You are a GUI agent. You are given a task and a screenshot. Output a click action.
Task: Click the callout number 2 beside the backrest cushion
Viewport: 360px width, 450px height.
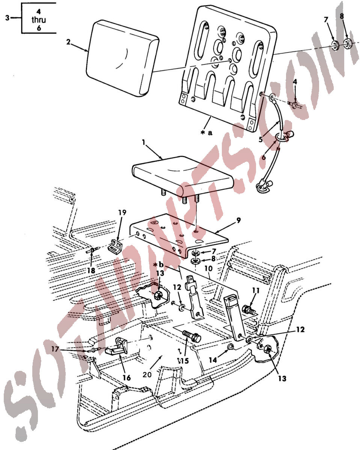(x=68, y=42)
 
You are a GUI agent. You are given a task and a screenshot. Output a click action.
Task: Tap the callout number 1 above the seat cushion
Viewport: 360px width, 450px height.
(x=143, y=142)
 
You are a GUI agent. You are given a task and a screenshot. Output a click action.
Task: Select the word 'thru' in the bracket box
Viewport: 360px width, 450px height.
(x=39, y=20)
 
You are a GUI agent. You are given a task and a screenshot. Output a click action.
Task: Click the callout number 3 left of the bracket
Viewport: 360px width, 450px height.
(x=8, y=18)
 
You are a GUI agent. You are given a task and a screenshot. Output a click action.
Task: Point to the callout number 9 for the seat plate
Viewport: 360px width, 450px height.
(x=238, y=220)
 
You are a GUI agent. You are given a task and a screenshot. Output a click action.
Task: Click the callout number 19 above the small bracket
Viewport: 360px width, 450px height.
(x=122, y=213)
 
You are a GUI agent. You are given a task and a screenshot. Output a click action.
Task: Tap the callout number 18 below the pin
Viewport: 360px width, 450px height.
(x=91, y=270)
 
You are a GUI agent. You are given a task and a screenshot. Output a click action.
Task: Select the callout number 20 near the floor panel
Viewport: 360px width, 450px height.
(x=147, y=375)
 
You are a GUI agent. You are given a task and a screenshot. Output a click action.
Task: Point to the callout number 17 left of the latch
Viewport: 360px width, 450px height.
(x=55, y=349)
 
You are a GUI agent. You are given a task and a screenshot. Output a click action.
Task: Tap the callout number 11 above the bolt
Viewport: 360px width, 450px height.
(x=256, y=291)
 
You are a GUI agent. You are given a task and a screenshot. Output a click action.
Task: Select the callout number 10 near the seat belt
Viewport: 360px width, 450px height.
(x=208, y=268)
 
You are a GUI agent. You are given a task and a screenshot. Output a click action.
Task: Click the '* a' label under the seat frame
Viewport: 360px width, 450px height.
(x=206, y=133)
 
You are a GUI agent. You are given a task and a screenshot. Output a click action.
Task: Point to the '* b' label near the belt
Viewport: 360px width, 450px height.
(x=158, y=265)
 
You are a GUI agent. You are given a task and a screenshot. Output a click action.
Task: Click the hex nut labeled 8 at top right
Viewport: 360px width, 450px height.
(x=348, y=43)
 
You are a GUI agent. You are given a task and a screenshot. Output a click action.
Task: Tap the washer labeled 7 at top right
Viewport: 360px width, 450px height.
(x=335, y=45)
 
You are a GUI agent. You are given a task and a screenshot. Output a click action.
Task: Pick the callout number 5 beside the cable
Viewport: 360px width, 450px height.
(x=261, y=139)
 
